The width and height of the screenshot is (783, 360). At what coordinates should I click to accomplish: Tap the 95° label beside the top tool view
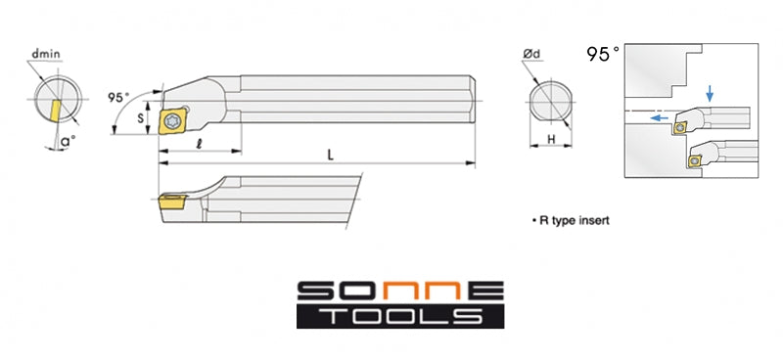tap(118, 98)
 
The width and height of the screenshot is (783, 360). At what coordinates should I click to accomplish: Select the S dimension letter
tap(141, 117)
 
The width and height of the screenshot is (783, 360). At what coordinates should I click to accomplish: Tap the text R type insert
tap(572, 220)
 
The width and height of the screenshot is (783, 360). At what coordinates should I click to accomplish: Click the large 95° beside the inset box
tap(603, 55)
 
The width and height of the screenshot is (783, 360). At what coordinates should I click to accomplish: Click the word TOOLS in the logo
tap(399, 315)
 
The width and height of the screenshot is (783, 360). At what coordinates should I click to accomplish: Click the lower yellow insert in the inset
tap(697, 158)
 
